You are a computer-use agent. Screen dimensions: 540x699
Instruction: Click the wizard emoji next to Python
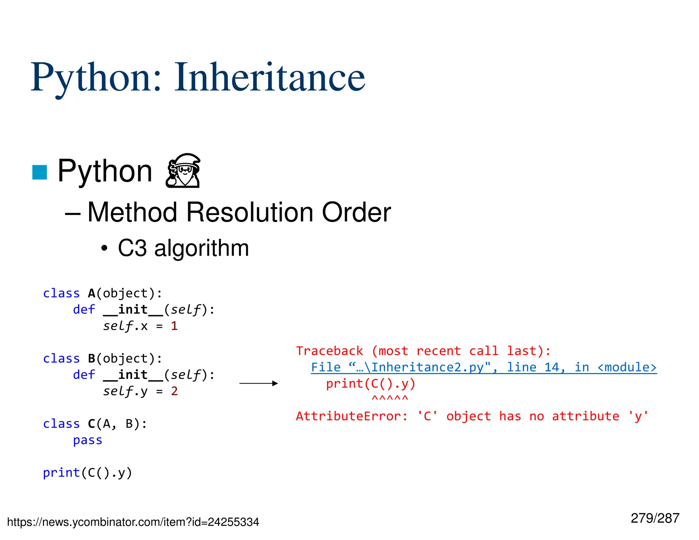pos(183,171)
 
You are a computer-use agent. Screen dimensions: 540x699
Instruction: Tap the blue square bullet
pos(40,172)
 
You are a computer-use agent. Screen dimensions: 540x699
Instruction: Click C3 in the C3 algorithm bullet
pos(132,248)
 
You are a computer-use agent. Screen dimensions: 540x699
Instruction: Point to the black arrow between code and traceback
pos(259,383)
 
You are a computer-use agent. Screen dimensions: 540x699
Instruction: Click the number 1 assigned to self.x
pos(174,326)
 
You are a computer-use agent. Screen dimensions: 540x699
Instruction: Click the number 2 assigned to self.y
pos(174,391)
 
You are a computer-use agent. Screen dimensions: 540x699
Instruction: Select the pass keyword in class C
pos(88,440)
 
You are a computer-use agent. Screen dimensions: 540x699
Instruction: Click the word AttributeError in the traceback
pos(352,416)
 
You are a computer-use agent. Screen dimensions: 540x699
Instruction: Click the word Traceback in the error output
pos(330,351)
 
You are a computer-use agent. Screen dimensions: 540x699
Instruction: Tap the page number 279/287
pos(655,518)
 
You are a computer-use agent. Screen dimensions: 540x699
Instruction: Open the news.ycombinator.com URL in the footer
pos(133,522)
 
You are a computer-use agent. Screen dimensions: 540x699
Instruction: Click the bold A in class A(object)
pos(91,294)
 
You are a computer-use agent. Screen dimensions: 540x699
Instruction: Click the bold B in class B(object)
pos(91,359)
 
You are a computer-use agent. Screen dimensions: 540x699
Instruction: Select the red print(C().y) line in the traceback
pos(371,384)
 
